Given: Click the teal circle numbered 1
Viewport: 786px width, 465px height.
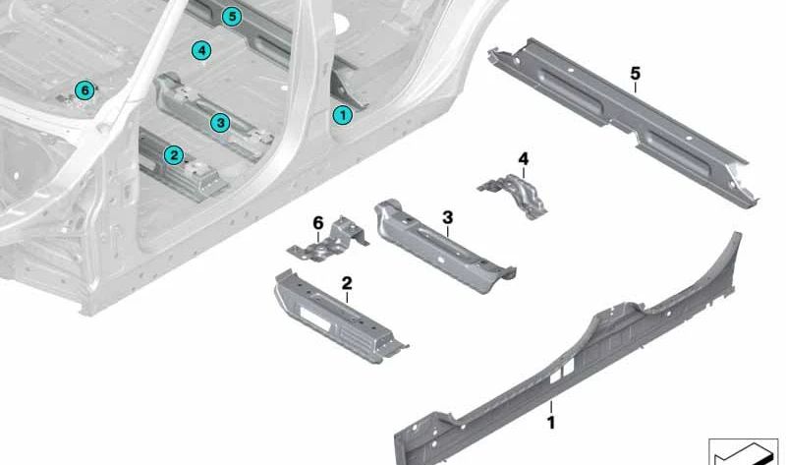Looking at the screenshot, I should [x=342, y=115].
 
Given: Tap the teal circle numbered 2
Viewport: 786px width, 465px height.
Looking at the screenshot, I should [x=173, y=154].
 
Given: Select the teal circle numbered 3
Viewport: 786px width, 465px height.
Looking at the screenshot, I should [x=219, y=123].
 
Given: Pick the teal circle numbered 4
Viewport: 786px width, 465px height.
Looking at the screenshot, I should [x=200, y=50].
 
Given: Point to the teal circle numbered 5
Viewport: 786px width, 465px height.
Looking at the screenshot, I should [x=231, y=16].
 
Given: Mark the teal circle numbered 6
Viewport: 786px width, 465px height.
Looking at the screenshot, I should [x=84, y=90].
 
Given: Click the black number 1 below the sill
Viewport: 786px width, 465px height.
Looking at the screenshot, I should [x=551, y=423].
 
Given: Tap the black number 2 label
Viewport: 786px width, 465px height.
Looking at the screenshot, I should [x=346, y=283].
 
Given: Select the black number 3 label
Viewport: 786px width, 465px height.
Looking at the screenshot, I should [x=447, y=216].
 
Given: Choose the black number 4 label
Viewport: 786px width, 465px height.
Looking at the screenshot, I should [x=523, y=158].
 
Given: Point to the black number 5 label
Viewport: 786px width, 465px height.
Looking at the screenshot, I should [x=635, y=74].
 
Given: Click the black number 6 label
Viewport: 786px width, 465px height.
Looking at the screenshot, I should [x=318, y=224].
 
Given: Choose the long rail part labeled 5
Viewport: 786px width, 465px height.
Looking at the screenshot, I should [x=629, y=123].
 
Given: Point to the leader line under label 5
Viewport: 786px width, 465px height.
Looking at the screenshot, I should [x=635, y=87].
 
